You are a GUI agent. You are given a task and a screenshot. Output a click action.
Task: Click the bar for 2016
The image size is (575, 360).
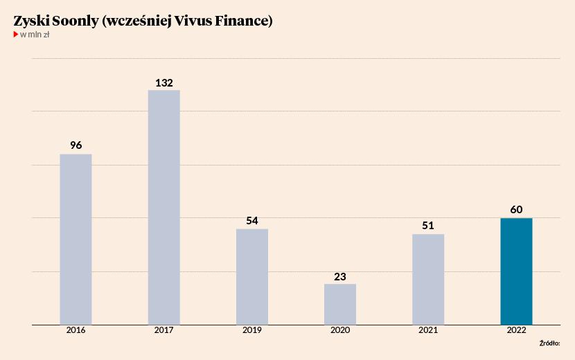(x=76, y=239)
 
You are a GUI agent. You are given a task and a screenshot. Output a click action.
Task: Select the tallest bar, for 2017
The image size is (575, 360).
(x=163, y=207)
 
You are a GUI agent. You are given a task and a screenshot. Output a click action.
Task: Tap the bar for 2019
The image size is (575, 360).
(x=252, y=276)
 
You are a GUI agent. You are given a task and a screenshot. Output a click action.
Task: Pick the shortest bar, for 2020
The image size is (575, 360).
(x=340, y=304)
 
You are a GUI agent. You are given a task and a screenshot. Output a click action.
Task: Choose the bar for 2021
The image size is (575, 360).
(x=428, y=279)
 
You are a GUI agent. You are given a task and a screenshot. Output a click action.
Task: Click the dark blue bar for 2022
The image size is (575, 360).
(x=516, y=271)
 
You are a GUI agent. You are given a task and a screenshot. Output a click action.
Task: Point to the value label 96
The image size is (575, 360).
(x=76, y=145)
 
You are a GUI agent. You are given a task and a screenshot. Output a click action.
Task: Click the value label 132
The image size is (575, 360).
(x=164, y=82)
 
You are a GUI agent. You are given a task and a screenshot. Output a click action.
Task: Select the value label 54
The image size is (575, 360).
(x=252, y=221)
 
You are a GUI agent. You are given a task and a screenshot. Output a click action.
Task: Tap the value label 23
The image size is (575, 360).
(x=340, y=276)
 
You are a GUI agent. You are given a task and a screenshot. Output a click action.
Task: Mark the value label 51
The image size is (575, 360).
(x=428, y=226)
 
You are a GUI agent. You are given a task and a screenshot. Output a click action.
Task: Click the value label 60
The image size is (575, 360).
(x=516, y=210)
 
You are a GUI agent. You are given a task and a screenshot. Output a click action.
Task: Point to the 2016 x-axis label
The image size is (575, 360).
(x=76, y=331)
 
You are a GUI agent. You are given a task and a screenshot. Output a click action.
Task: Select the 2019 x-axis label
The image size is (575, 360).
(x=252, y=331)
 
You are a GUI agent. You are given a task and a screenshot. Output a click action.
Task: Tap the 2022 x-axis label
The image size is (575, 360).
(x=516, y=331)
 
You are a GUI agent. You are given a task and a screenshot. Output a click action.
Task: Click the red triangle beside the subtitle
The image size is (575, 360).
(x=16, y=34)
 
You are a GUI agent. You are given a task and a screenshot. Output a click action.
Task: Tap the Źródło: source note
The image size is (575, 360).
(x=549, y=343)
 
